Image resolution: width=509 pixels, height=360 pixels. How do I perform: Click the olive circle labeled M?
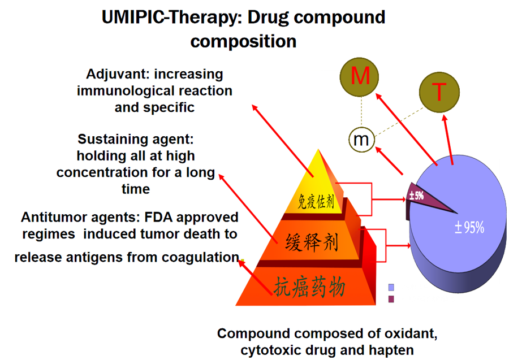pyautogui.click(x=359, y=77)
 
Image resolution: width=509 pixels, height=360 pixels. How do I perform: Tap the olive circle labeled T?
pyautogui.click(x=439, y=92)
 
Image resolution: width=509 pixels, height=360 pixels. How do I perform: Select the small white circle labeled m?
pyautogui.click(x=361, y=140)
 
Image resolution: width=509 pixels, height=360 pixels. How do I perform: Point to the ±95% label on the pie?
pyautogui.click(x=469, y=227)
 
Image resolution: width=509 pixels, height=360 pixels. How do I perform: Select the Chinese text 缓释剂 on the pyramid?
pyautogui.click(x=312, y=242)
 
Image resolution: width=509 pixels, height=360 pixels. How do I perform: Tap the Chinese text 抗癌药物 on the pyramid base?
pyautogui.click(x=309, y=287)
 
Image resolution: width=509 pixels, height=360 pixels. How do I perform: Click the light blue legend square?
pyautogui.click(x=391, y=287)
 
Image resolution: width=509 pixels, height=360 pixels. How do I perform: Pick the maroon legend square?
pyautogui.click(x=391, y=299)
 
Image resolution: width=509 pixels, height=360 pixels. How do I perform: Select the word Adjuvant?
pyautogui.click(x=118, y=75)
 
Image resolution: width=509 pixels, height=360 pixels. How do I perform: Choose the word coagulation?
pyautogui.click(x=200, y=258)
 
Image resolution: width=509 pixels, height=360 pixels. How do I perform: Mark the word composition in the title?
pyautogui.click(x=243, y=42)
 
